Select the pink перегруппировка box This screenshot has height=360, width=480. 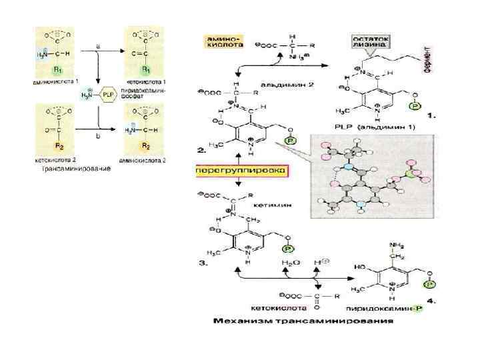(x=241, y=171)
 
